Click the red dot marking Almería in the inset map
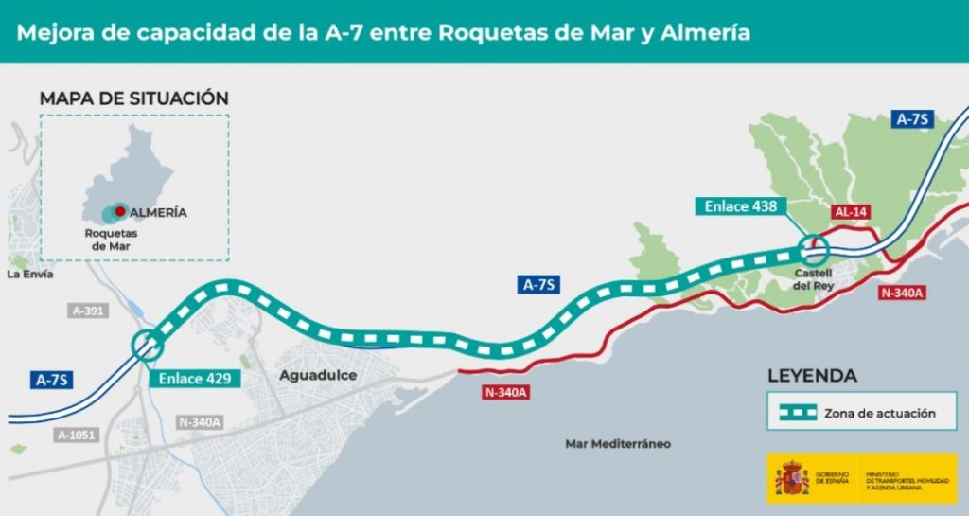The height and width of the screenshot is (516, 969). coord(121,211)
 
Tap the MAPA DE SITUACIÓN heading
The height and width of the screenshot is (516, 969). coord(133,98)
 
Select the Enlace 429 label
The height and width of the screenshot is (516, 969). coord(194,378)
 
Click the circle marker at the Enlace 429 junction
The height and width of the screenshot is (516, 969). coord(147,346)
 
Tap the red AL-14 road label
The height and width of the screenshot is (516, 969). coord(851,213)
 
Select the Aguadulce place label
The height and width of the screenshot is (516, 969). coord(318,376)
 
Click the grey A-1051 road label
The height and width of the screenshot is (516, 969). coord(77,436)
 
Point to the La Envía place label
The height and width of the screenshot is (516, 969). coord(29,275)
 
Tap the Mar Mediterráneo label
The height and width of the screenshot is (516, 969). coord(617,443)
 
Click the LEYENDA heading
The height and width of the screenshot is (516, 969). coord(812,376)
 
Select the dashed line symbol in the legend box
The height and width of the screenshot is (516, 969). coord(793,413)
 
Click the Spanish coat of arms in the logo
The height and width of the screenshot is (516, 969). coord(791,479)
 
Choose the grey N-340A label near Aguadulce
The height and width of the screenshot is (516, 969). coord(199,422)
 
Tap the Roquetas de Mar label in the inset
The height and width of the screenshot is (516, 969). coord(111,240)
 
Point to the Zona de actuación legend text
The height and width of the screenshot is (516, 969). coord(879,414)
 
